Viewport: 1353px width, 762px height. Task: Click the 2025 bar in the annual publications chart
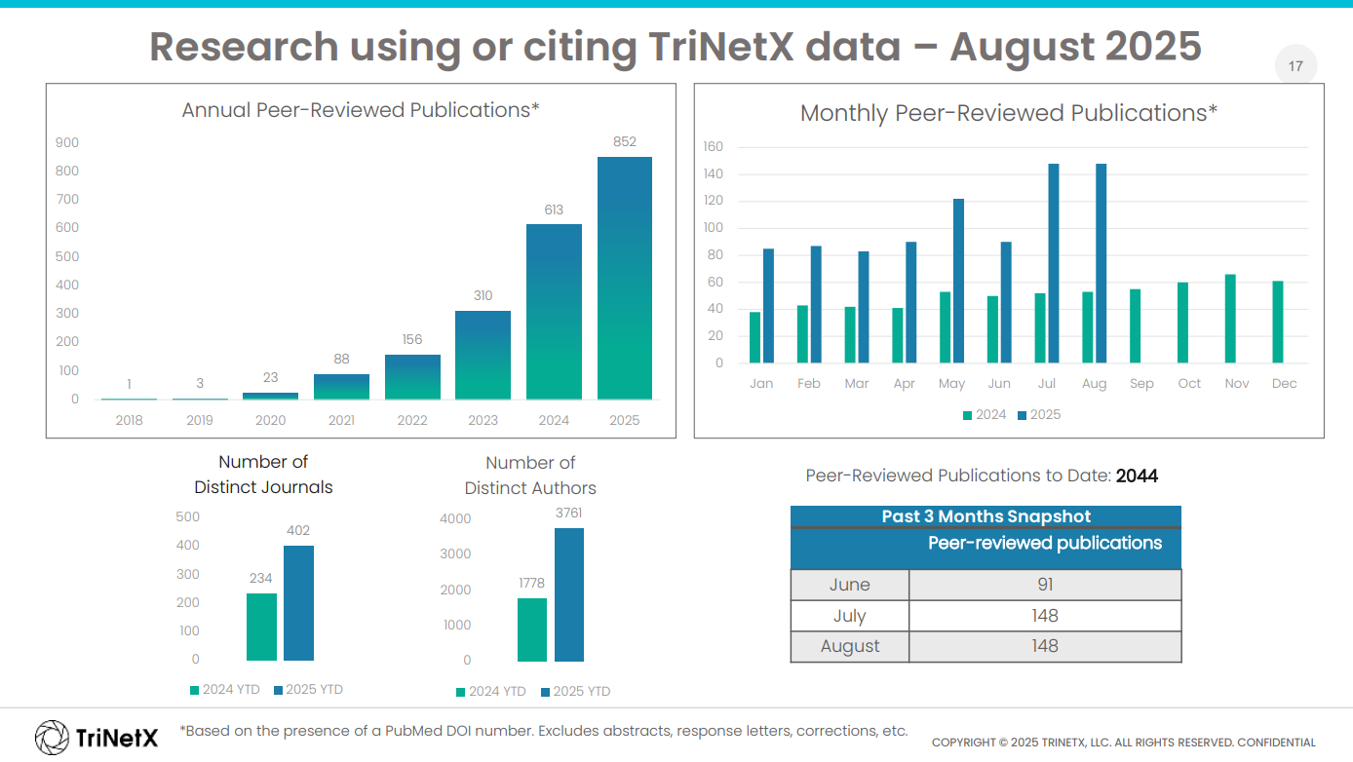[x=624, y=278]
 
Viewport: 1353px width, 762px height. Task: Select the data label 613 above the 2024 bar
[x=554, y=210]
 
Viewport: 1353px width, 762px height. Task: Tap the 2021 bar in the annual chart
[x=341, y=387]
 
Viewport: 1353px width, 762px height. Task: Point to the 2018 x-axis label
[x=129, y=420]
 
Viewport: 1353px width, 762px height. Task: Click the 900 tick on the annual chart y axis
[x=67, y=142]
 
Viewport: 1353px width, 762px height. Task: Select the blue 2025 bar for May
[x=958, y=281]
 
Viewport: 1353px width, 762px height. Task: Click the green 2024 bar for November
[x=1230, y=319]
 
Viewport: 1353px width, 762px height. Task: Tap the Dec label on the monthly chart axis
[x=1284, y=384]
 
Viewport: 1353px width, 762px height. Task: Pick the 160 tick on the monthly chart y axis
[x=713, y=147]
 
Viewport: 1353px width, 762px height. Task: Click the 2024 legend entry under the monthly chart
[x=985, y=415]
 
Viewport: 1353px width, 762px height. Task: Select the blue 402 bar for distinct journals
[x=298, y=603]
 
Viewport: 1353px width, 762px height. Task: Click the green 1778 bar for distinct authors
[x=531, y=629]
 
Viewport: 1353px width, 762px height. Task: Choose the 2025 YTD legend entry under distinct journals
[x=308, y=690]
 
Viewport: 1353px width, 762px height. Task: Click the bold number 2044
[x=1137, y=476]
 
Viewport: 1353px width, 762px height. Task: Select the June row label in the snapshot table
[x=849, y=585]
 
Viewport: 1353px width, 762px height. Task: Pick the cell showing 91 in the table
[x=1044, y=585]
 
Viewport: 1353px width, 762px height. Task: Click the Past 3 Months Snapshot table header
[x=986, y=516]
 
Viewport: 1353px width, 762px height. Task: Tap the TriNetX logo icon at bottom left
[x=52, y=737]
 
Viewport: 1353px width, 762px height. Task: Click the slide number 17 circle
[x=1295, y=67]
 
